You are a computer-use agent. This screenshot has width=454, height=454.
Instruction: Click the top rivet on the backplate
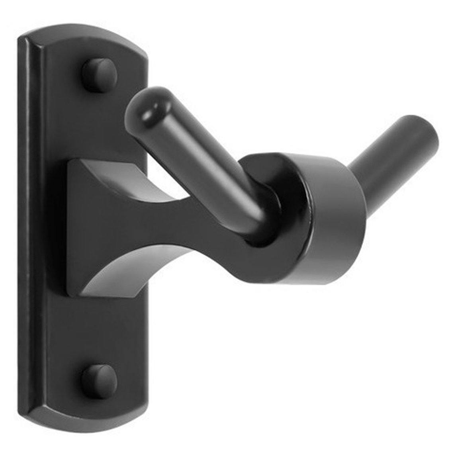tap(100, 75)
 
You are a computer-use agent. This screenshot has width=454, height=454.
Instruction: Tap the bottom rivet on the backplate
tap(100, 382)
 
